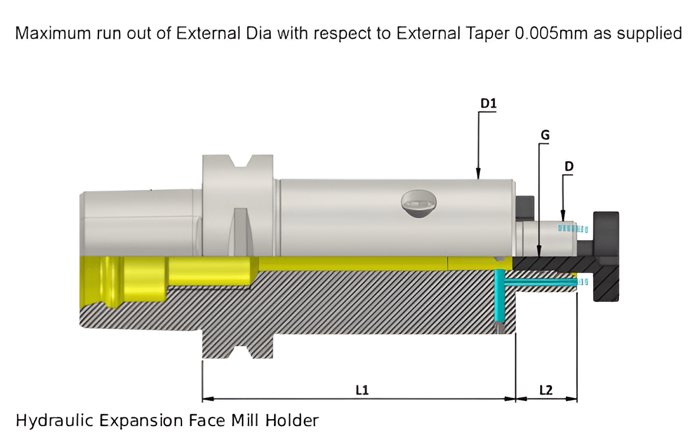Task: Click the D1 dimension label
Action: (489, 104)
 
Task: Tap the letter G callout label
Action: (545, 135)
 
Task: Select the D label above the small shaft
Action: (568, 166)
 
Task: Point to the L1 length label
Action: (362, 390)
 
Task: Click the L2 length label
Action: (546, 390)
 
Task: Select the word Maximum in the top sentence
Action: (52, 33)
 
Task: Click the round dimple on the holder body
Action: (419, 204)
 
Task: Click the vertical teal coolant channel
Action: (500, 297)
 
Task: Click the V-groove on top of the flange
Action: (239, 163)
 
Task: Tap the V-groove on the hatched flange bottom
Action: (239, 352)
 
